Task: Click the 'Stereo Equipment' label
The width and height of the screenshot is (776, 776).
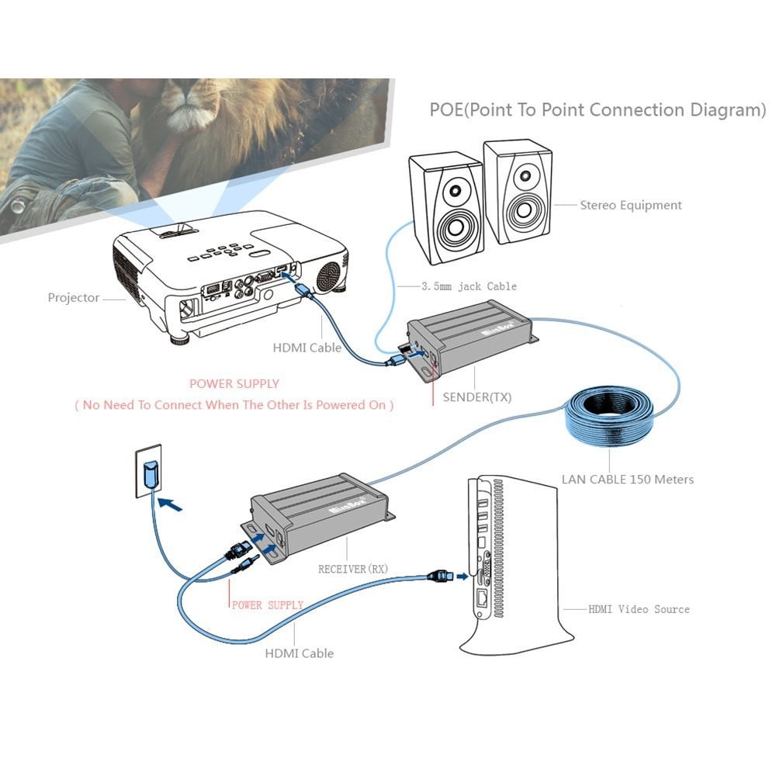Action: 630,206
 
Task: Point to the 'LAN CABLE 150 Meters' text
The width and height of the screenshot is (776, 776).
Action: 627,479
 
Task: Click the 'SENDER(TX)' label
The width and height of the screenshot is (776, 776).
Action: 476,397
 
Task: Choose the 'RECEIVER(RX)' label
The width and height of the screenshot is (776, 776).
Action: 353,569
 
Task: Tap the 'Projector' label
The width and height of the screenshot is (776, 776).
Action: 74,298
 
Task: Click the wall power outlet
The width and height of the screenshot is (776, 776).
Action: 149,470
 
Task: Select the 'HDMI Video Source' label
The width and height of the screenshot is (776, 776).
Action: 638,609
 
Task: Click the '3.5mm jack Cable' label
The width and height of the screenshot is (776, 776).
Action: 469,286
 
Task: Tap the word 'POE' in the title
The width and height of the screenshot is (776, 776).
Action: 446,110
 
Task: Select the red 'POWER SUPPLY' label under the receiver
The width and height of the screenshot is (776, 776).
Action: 267,605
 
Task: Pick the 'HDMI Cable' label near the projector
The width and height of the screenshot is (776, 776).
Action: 307,348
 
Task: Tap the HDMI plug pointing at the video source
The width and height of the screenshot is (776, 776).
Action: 438,577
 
